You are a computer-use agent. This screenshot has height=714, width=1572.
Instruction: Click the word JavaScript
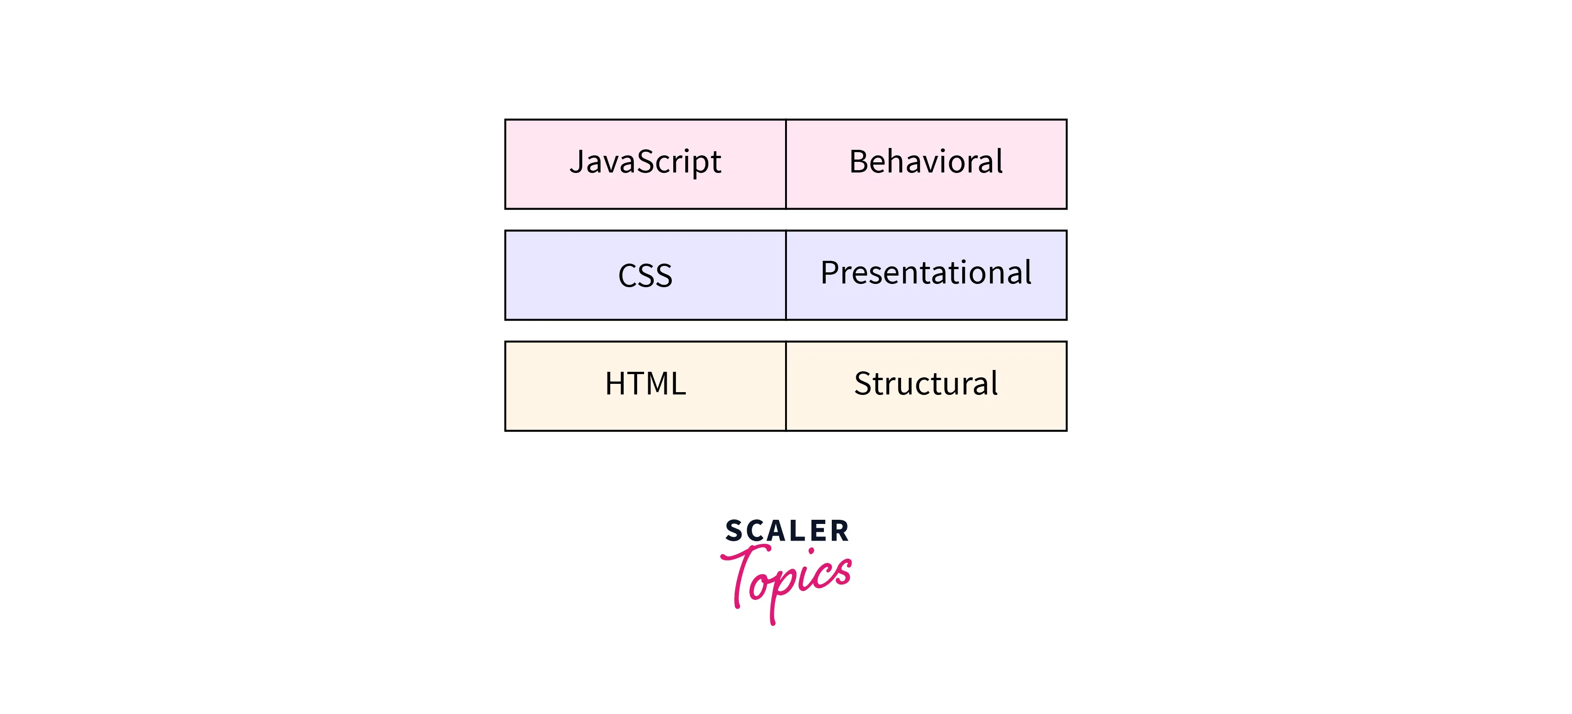(x=645, y=163)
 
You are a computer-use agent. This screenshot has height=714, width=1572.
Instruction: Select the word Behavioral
(x=926, y=162)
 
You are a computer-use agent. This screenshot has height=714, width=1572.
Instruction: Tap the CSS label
(x=645, y=275)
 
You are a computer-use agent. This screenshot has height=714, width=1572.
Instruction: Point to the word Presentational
(x=926, y=272)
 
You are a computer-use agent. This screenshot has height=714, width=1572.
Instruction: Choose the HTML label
(x=645, y=383)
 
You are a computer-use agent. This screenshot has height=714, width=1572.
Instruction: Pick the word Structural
(x=926, y=383)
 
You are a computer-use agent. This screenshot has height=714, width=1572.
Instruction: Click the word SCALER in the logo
(x=786, y=531)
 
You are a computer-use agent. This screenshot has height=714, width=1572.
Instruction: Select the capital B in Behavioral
(x=860, y=162)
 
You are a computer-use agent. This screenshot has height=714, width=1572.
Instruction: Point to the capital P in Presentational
(x=830, y=273)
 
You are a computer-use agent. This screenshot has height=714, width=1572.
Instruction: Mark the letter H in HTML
(x=616, y=383)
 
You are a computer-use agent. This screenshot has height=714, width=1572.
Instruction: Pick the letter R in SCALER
(x=839, y=531)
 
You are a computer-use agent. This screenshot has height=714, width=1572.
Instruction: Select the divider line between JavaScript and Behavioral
(x=786, y=164)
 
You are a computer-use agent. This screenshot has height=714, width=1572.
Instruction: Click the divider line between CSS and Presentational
(x=786, y=275)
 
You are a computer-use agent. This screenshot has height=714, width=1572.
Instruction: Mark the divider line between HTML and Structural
(x=786, y=386)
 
